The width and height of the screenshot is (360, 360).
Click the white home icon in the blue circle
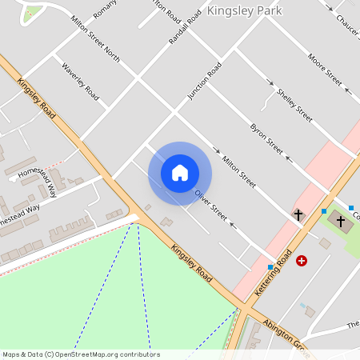click(x=180, y=173)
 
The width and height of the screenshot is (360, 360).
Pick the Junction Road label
click(x=204, y=81)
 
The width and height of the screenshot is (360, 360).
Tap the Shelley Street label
click(x=294, y=105)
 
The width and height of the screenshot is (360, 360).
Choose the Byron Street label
click(x=266, y=139)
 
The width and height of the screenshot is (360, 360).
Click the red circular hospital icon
click(x=302, y=261)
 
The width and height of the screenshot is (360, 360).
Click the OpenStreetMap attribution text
click(x=81, y=354)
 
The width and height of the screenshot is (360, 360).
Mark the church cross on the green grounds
click(x=341, y=220)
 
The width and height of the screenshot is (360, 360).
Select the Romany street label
click(x=105, y=10)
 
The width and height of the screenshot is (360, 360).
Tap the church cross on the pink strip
click(x=298, y=214)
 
